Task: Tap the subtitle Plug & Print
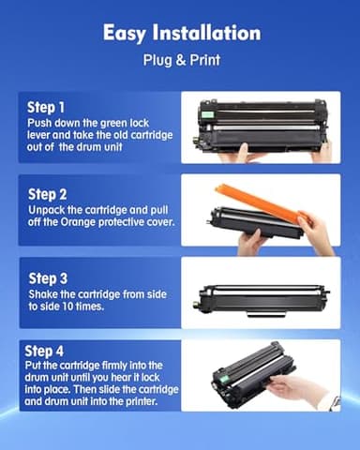tap(180, 63)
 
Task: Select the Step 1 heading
tap(48, 106)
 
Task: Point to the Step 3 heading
tap(48, 277)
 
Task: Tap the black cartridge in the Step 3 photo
tap(262, 299)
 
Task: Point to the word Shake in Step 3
tap(46, 293)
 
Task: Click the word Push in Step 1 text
tap(42, 122)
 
